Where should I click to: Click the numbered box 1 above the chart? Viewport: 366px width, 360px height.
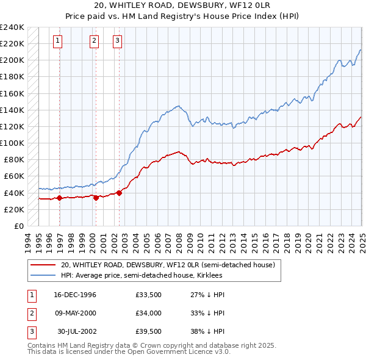coord(57,41)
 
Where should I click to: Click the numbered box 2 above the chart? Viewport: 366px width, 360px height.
coord(95,41)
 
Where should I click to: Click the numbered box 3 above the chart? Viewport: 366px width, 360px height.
coord(117,41)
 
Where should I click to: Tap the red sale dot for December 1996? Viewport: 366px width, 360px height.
coord(59,198)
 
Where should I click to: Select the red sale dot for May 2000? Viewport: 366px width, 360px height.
coord(96,198)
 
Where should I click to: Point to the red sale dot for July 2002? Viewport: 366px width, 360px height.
coord(119,193)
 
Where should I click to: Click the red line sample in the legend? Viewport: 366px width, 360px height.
coord(42,265)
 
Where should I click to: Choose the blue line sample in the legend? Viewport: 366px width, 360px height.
coord(42,275)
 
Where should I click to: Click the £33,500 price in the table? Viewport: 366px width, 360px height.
coord(149,295)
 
